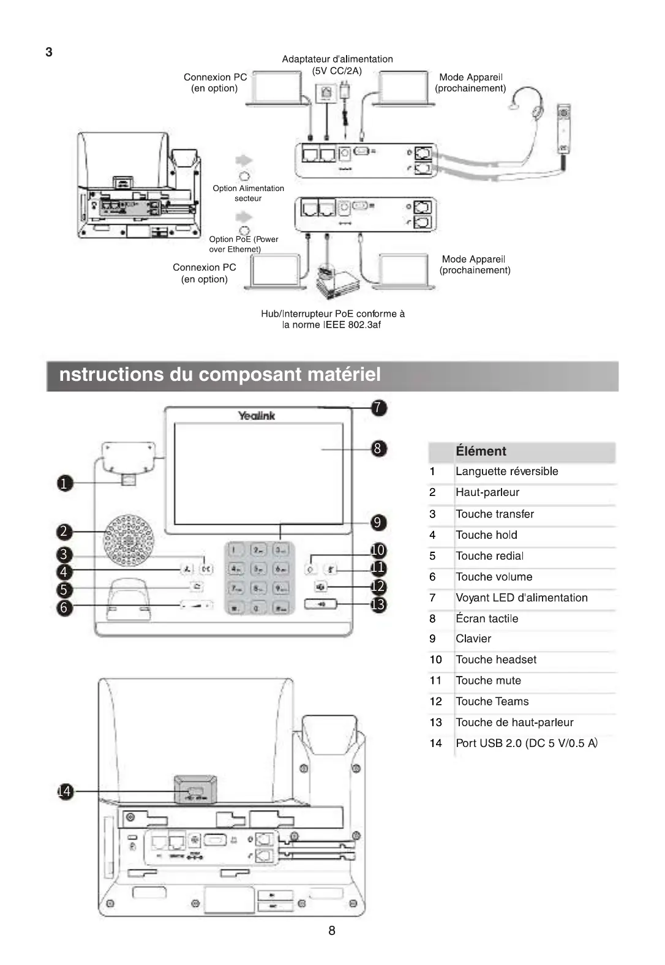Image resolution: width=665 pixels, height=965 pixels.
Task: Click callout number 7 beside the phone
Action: (x=379, y=407)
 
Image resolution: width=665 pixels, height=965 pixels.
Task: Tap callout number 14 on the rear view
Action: (x=64, y=791)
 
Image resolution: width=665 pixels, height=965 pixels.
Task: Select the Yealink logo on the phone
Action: (x=257, y=416)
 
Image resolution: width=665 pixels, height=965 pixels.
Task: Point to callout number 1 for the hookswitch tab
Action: (x=64, y=484)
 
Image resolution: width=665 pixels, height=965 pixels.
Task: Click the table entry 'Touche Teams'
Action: (x=492, y=702)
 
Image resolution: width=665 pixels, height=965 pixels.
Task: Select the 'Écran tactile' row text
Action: (x=487, y=618)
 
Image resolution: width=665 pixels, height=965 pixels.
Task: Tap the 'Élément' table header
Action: (x=481, y=451)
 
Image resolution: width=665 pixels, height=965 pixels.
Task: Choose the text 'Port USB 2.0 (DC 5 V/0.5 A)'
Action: (x=526, y=743)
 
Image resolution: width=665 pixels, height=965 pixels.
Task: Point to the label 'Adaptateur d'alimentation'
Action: (x=337, y=59)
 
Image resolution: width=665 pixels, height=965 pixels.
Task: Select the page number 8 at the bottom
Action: (x=332, y=931)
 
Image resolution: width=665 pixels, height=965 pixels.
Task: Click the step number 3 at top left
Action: (x=49, y=52)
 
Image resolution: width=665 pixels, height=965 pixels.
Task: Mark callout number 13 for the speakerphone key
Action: (x=378, y=605)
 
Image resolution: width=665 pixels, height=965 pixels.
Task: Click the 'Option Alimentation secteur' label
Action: (x=248, y=193)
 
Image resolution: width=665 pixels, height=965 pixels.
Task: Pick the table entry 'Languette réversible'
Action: (x=506, y=471)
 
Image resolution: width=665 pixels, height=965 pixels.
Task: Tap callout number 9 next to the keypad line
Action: (x=378, y=522)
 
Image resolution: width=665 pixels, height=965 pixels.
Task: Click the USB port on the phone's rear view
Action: (x=195, y=795)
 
